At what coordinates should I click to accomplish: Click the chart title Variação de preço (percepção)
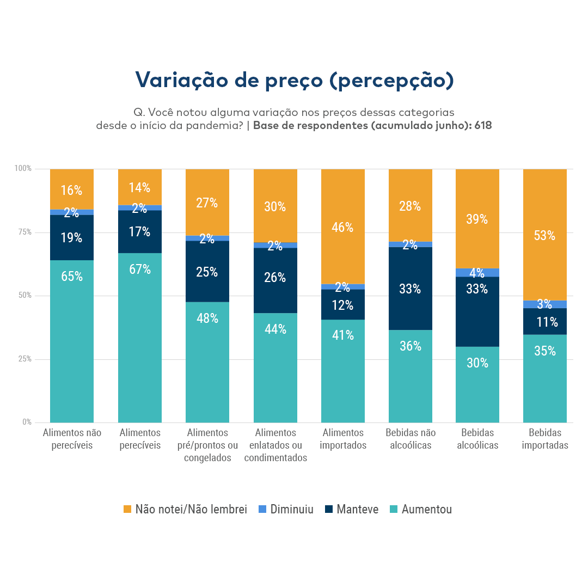click(x=294, y=80)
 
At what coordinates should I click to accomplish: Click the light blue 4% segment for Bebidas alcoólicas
click(x=477, y=272)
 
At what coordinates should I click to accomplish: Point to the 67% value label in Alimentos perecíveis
click(x=140, y=269)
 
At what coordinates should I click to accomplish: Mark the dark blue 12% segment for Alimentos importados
click(x=343, y=305)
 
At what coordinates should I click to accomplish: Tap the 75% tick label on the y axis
click(x=25, y=232)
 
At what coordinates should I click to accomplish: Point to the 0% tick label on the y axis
click(x=27, y=422)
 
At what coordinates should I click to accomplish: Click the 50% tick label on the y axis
click(x=25, y=296)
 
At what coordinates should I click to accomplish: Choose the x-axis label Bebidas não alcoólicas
click(x=411, y=439)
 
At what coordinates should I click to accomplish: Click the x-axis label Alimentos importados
click(x=343, y=439)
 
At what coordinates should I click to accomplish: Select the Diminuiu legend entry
click(x=292, y=510)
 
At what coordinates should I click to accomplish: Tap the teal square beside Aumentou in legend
click(x=394, y=510)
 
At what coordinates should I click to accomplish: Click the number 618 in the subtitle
click(x=482, y=126)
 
